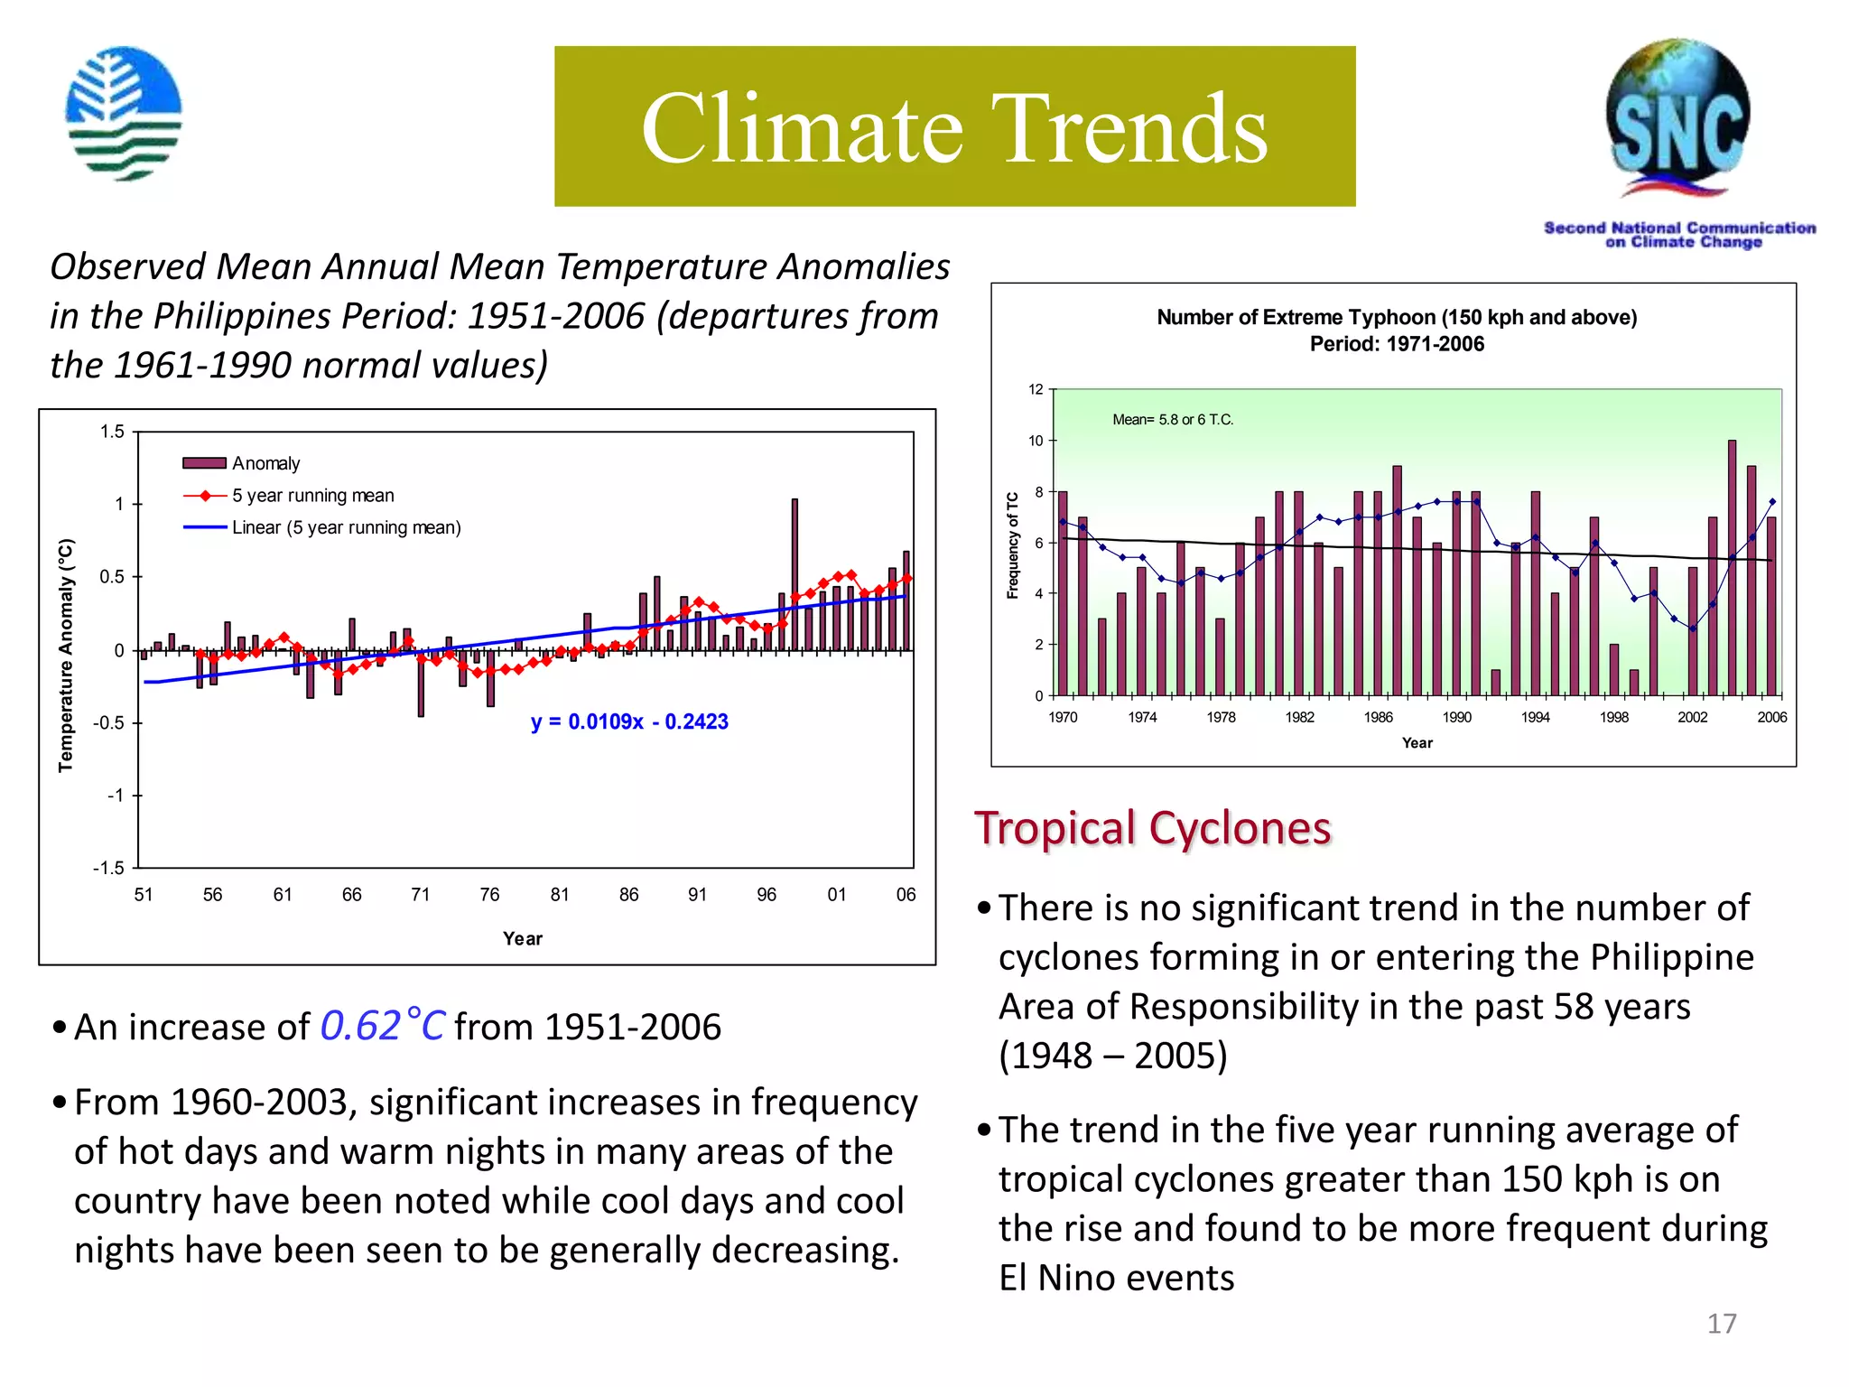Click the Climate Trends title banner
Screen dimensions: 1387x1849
pyautogui.click(x=954, y=126)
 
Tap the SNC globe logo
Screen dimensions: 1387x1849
pyautogui.click(x=1677, y=117)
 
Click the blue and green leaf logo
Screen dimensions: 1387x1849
pyautogui.click(x=124, y=114)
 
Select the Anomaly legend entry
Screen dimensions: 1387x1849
pyautogui.click(x=265, y=463)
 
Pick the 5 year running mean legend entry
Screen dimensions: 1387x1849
pyautogui.click(x=312, y=496)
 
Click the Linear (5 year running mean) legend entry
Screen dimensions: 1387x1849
pyautogui.click(x=346, y=527)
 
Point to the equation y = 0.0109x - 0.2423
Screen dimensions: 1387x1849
pyautogui.click(x=629, y=721)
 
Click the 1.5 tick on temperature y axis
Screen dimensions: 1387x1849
pyautogui.click(x=112, y=432)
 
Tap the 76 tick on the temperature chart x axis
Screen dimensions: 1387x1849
pyautogui.click(x=489, y=894)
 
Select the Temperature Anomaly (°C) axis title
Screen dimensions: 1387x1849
pyautogui.click(x=66, y=655)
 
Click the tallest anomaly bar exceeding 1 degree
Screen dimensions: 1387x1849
pyautogui.click(x=794, y=573)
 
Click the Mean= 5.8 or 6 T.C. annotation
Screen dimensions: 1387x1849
pyautogui.click(x=1173, y=420)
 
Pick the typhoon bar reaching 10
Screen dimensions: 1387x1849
pyautogui.click(x=1732, y=567)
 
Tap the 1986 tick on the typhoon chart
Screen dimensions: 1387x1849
pyautogui.click(x=1378, y=717)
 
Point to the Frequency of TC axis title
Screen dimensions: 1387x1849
pyautogui.click(x=1012, y=545)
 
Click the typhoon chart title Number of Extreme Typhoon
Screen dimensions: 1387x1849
pyautogui.click(x=1397, y=318)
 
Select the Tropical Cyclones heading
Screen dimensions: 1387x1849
pyautogui.click(x=1152, y=828)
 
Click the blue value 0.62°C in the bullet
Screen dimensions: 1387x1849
pyautogui.click(x=382, y=1026)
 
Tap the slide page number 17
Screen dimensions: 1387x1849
pyautogui.click(x=1721, y=1323)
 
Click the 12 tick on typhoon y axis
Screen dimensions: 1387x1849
pyautogui.click(x=1036, y=389)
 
